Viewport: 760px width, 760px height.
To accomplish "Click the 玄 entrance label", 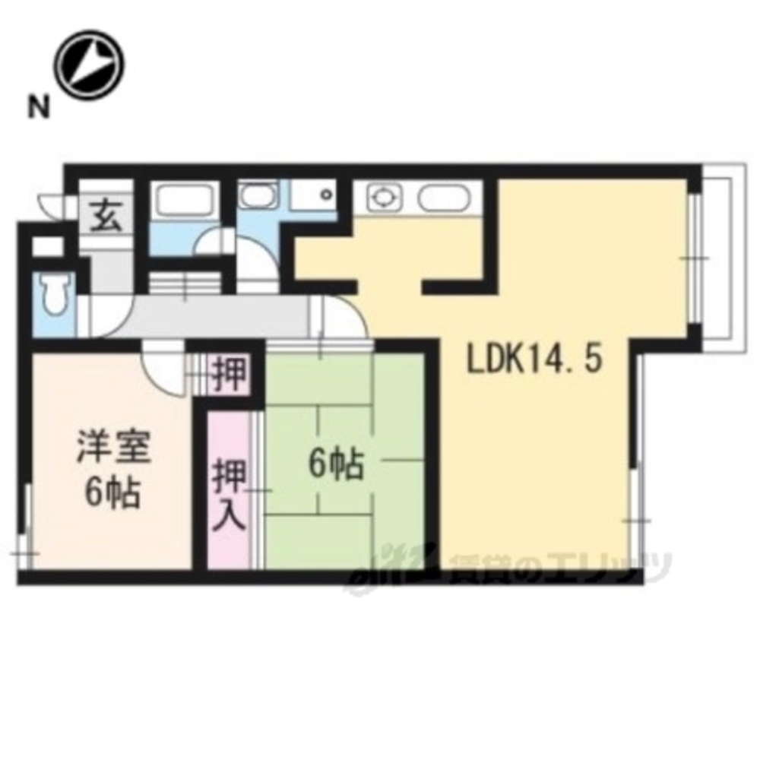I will coord(107,217).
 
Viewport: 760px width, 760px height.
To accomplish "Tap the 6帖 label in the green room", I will coord(334,464).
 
